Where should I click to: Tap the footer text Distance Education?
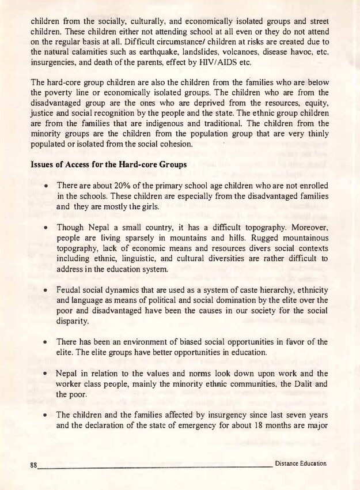(301, 463)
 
